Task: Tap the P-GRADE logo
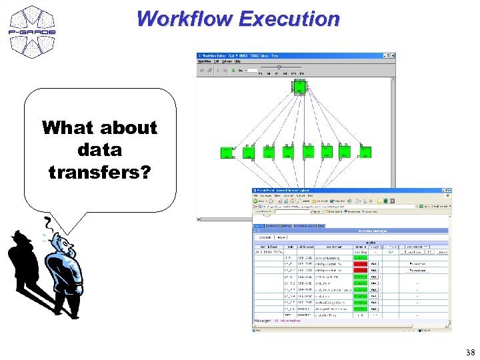tap(33, 30)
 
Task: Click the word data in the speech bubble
tap(99, 149)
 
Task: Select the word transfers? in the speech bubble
tap(99, 172)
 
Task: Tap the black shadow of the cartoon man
tap(27, 267)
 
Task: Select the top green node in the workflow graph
tap(299, 87)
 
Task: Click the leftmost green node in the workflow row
tap(227, 152)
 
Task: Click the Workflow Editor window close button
tap(391, 56)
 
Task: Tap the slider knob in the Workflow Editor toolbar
tap(279, 67)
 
